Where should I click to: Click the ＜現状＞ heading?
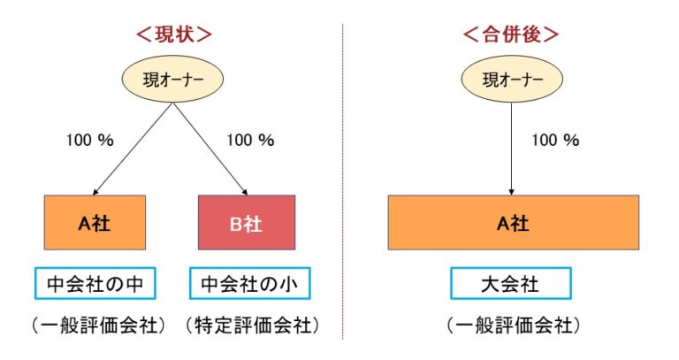(172, 35)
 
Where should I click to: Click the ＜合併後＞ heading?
(511, 35)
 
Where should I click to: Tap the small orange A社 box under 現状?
(95, 223)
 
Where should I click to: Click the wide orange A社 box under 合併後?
(513, 223)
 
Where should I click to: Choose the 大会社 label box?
(511, 284)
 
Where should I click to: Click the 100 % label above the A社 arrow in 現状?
(89, 140)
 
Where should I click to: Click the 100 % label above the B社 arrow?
(250, 140)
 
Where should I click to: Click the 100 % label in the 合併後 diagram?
(554, 140)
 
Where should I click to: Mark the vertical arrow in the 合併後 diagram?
(511, 146)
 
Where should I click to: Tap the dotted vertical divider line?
(342, 177)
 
